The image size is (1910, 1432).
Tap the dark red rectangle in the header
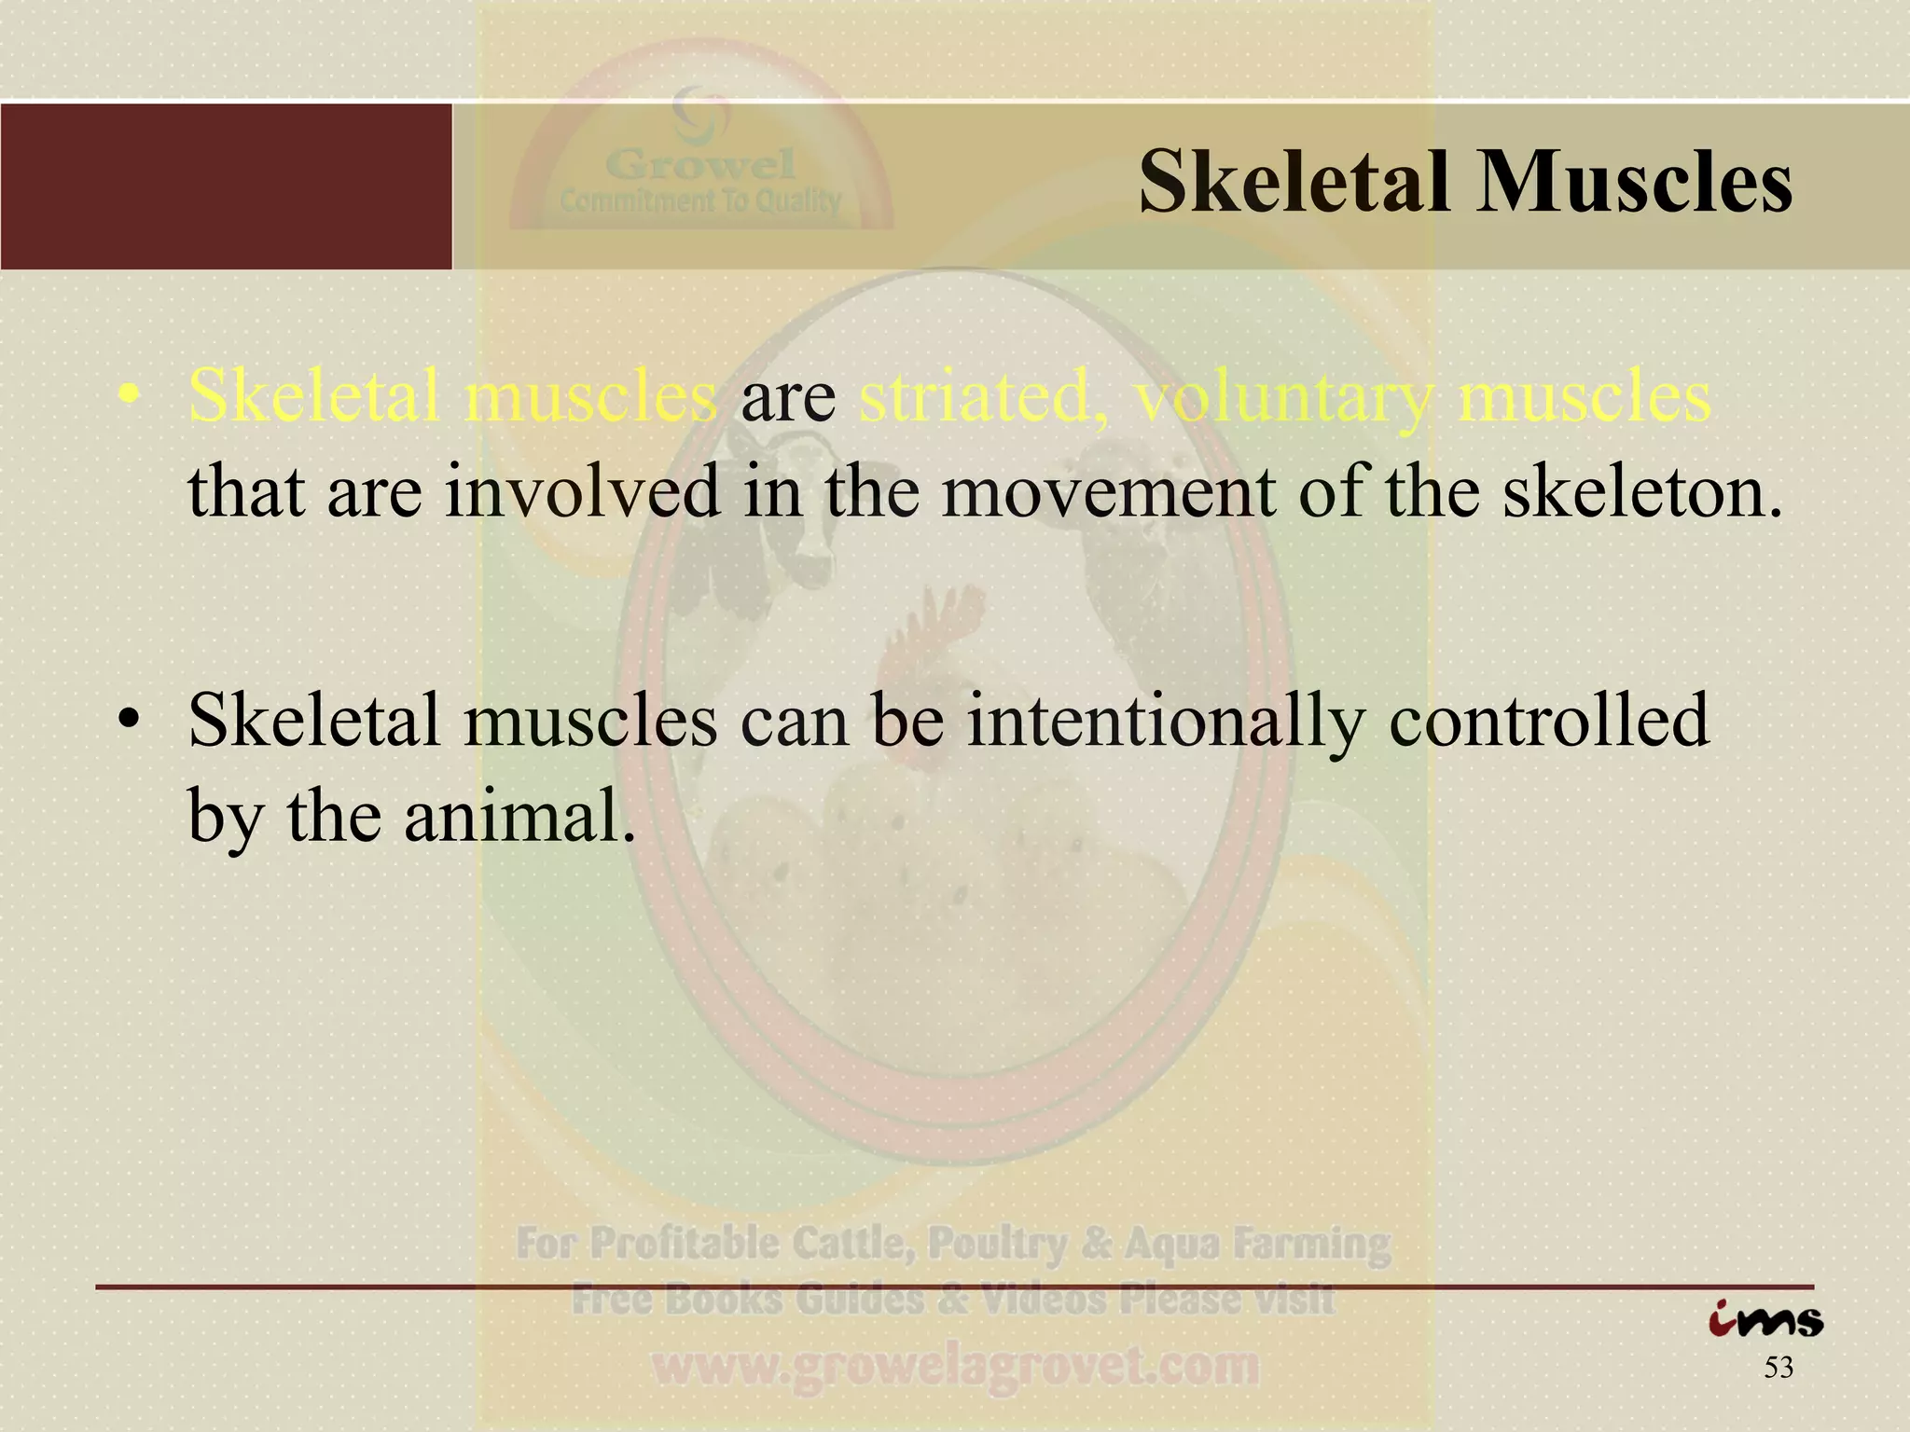226,186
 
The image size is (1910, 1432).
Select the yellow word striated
982,397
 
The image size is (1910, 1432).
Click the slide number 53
1779,1369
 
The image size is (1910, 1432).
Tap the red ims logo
1765,1320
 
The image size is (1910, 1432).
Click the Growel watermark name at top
700,166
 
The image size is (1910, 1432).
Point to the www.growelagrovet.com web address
954,1367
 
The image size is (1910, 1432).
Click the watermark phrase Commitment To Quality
700,200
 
